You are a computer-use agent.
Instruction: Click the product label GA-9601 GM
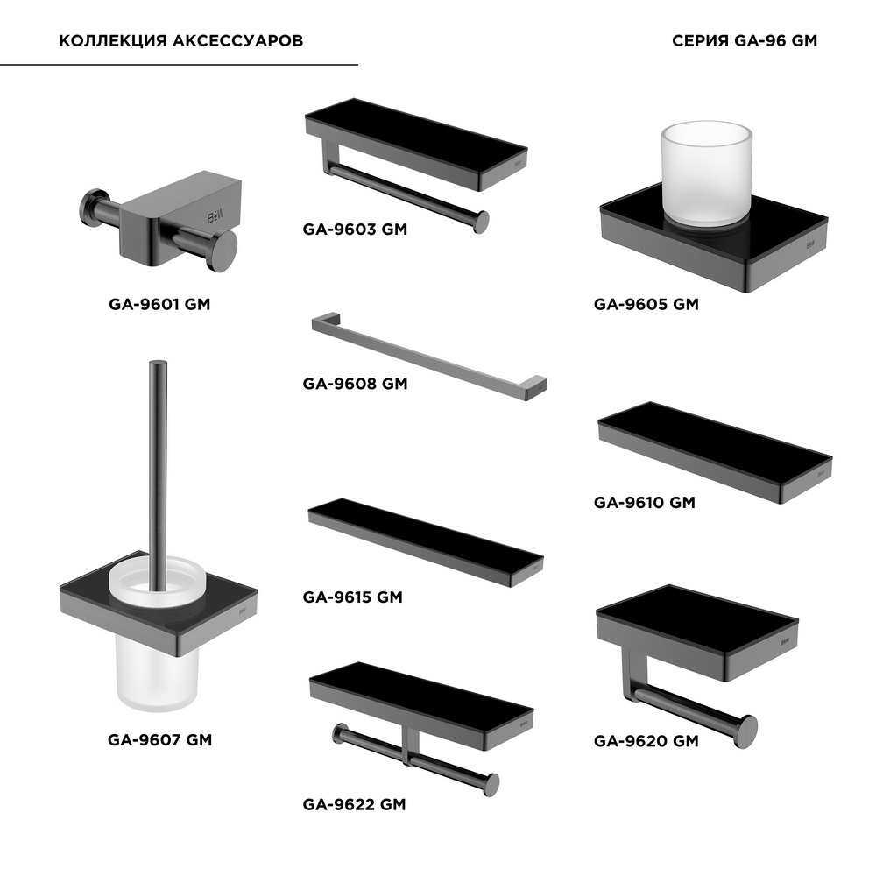[x=159, y=305]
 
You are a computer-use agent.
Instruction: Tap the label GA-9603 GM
[x=355, y=229]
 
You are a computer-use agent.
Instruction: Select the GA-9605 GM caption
[x=646, y=305]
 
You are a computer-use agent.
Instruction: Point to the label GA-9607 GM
[x=159, y=740]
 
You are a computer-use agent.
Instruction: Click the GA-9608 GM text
[x=355, y=384]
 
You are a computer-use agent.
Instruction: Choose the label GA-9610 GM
[x=644, y=503]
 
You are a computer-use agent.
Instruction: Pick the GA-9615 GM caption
[x=352, y=597]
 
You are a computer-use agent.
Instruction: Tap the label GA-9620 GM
[x=646, y=741]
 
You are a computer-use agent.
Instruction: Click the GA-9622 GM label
[x=354, y=804]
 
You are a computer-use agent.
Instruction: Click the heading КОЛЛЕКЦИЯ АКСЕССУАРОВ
[x=181, y=41]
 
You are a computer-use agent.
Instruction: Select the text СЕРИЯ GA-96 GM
[x=744, y=41]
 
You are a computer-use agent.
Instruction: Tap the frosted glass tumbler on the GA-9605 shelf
[x=706, y=173]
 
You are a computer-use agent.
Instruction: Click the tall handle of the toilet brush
[x=158, y=475]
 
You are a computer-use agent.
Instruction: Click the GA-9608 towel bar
[x=429, y=357]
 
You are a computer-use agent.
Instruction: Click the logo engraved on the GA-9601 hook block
[x=216, y=216]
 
